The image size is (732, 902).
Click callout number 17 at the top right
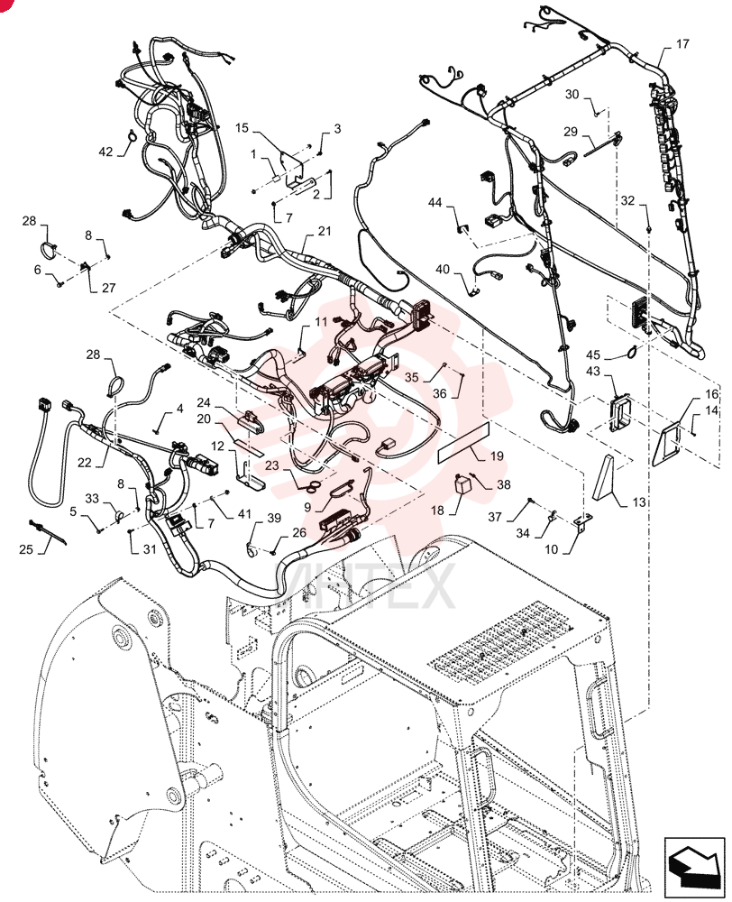682,43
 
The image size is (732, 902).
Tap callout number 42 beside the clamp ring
105,152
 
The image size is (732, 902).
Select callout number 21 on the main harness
325,231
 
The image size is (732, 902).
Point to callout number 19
498,456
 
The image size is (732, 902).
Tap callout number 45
593,354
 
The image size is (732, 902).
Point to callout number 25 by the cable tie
26,548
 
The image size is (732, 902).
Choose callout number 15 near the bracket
242,128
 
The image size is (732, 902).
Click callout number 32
628,200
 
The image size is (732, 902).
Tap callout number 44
435,202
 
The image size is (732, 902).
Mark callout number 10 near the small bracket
551,549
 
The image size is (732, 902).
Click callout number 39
274,518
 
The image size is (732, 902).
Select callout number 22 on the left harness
85,462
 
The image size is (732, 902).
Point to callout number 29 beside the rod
571,132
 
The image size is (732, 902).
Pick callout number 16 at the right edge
712,394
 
